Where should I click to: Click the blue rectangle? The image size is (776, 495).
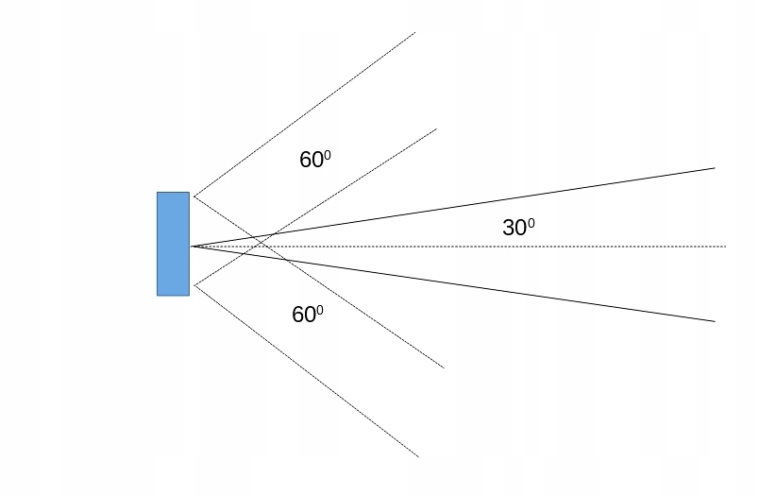point(173,244)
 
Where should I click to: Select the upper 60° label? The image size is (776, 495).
point(315,160)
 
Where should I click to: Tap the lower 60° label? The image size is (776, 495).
point(308,315)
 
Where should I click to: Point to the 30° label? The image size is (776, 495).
point(518,228)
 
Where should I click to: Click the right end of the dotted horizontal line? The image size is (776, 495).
point(725,247)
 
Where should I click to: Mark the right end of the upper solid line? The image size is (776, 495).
point(715,168)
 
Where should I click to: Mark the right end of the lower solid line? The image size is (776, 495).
point(715,321)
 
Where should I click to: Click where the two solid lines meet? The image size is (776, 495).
point(192,247)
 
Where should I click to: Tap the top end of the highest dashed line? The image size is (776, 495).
point(415,32)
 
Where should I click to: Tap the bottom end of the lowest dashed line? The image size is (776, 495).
point(418,457)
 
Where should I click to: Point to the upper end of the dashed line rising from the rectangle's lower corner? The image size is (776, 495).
point(436,128)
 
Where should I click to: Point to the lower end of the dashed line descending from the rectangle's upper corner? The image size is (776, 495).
point(444,367)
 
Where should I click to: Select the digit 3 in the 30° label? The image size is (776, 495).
point(508,229)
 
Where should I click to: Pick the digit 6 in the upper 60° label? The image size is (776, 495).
point(305,161)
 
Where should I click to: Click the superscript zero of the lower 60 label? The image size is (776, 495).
point(320,310)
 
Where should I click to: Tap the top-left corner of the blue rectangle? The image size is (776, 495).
point(158,193)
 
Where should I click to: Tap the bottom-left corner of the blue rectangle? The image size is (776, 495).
point(158,295)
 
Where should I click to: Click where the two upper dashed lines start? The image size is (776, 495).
point(194,195)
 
